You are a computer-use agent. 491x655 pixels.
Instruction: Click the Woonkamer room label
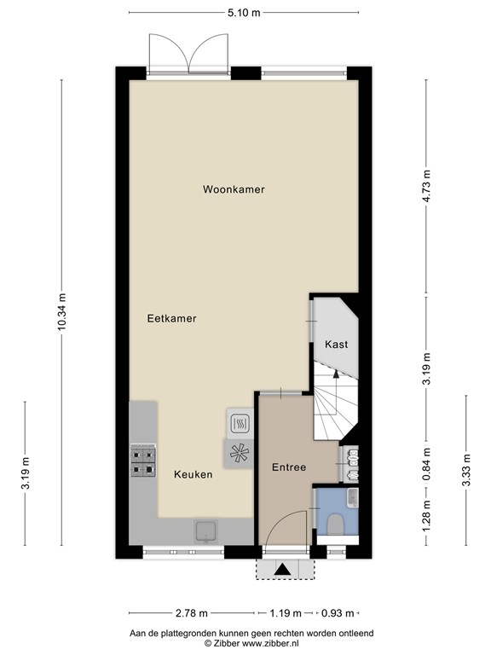click(x=234, y=189)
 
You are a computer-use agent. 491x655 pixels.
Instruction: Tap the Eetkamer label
click(x=171, y=318)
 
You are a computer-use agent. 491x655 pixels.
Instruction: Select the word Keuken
click(x=194, y=474)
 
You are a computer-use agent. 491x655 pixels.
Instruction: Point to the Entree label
click(x=289, y=467)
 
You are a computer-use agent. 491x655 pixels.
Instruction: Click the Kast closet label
click(x=337, y=345)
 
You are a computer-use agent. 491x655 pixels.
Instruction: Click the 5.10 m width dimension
click(x=244, y=13)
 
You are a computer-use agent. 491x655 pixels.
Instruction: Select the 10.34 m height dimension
click(x=62, y=311)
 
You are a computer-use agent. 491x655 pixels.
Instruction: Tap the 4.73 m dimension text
click(x=426, y=186)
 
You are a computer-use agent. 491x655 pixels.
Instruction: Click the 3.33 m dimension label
click(x=466, y=470)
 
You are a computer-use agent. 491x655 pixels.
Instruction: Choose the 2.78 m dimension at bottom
click(x=190, y=613)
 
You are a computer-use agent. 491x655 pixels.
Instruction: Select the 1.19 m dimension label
click(x=286, y=613)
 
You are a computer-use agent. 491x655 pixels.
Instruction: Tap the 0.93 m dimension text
click(x=338, y=613)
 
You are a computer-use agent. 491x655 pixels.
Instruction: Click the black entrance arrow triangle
click(x=284, y=570)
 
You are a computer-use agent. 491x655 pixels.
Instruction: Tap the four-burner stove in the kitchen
click(x=143, y=461)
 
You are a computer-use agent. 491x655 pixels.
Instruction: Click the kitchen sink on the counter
click(x=205, y=530)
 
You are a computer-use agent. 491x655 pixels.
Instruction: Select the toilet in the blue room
click(x=335, y=525)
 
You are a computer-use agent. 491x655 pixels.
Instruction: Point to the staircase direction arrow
click(x=335, y=392)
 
